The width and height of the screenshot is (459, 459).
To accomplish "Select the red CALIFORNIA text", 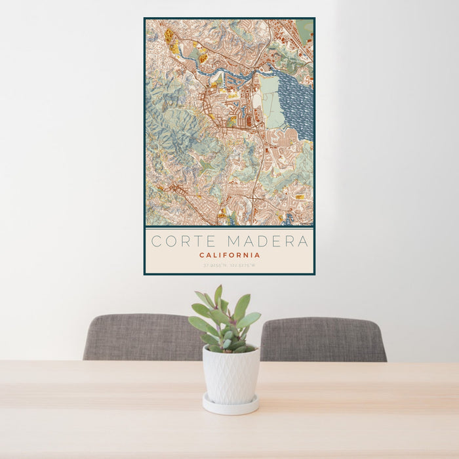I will coord(229,255).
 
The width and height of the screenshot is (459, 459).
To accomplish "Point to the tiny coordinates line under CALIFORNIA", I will coord(229,266).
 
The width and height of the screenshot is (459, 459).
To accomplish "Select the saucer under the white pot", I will coord(229,406).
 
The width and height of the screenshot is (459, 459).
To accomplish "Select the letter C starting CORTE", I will coord(156,241).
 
